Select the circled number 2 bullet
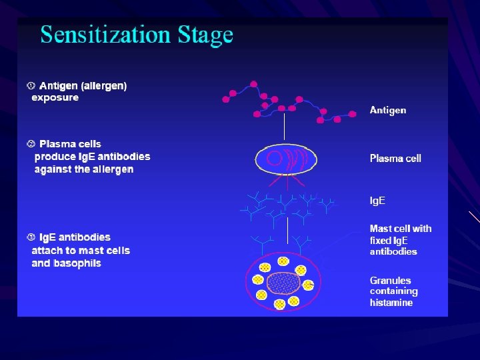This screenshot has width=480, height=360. pos(31,144)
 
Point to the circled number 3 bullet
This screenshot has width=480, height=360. pos(31,237)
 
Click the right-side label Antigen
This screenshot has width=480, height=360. pos(388,110)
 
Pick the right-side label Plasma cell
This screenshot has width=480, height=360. pos(395,159)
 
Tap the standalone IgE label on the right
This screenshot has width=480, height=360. pos(377,201)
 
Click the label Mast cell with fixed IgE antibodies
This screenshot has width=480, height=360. pos(400,240)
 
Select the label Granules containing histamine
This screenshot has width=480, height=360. pos(393,291)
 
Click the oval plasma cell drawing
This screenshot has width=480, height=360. pos(285,159)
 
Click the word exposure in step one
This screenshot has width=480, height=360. pos(55,98)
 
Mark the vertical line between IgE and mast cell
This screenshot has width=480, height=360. pos(287,230)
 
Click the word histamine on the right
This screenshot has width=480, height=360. pos(391,303)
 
